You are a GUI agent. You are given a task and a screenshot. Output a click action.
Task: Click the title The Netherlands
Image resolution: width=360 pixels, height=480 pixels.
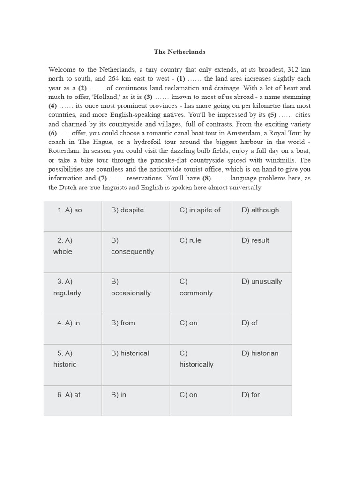[180, 52]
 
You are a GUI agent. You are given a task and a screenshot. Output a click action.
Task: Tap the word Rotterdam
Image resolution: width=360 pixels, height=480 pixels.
[63, 151]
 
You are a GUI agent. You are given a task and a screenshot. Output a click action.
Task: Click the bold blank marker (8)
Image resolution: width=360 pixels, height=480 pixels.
[207, 178]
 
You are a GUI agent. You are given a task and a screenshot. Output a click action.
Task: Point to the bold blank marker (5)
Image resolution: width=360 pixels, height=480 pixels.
[272, 115]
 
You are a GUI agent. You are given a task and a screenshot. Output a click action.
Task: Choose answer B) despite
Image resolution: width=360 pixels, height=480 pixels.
[127, 210]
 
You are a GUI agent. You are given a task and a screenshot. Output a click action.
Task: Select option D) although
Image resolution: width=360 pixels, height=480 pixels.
[260, 210]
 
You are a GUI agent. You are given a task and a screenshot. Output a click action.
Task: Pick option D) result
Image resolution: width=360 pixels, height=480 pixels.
[255, 240]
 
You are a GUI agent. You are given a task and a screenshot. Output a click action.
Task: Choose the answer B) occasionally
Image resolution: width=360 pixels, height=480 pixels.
[130, 287]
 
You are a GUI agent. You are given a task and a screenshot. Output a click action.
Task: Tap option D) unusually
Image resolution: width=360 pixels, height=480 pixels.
[262, 282]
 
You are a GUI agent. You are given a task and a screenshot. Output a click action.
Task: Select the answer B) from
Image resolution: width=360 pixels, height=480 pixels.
[123, 323]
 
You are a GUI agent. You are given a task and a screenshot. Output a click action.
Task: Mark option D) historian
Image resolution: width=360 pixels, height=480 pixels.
[260, 353]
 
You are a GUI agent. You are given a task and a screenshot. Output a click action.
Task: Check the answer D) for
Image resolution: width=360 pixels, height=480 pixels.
[251, 395]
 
